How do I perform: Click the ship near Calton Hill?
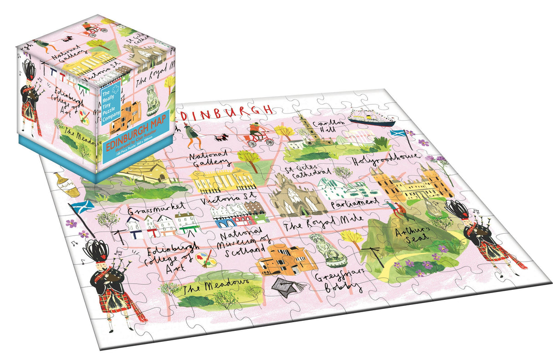click(x=371, y=118)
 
